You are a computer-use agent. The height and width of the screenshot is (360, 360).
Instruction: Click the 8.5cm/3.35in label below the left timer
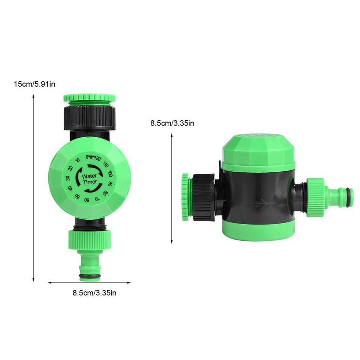pos(94,293)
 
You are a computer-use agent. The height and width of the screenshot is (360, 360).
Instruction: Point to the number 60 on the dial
pos(87,199)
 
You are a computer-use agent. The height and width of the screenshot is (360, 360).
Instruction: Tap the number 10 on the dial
pos(78,160)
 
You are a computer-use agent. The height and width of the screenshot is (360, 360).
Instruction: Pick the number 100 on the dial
pos(110,174)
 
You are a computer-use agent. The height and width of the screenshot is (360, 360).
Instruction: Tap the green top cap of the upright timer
pos(89,98)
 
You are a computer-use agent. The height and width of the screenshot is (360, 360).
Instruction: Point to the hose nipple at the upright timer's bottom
pos(90,266)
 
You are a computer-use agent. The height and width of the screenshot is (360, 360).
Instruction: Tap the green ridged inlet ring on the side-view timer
pos(185,197)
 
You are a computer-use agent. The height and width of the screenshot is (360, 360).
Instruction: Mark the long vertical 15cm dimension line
pos(33,187)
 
